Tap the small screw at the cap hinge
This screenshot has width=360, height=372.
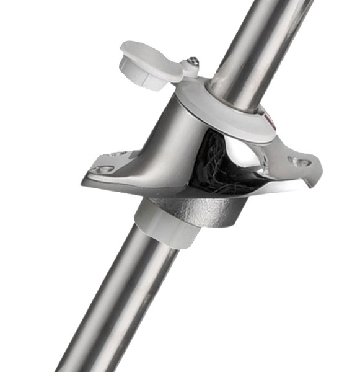(193, 61)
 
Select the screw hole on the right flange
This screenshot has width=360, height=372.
(301, 162)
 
